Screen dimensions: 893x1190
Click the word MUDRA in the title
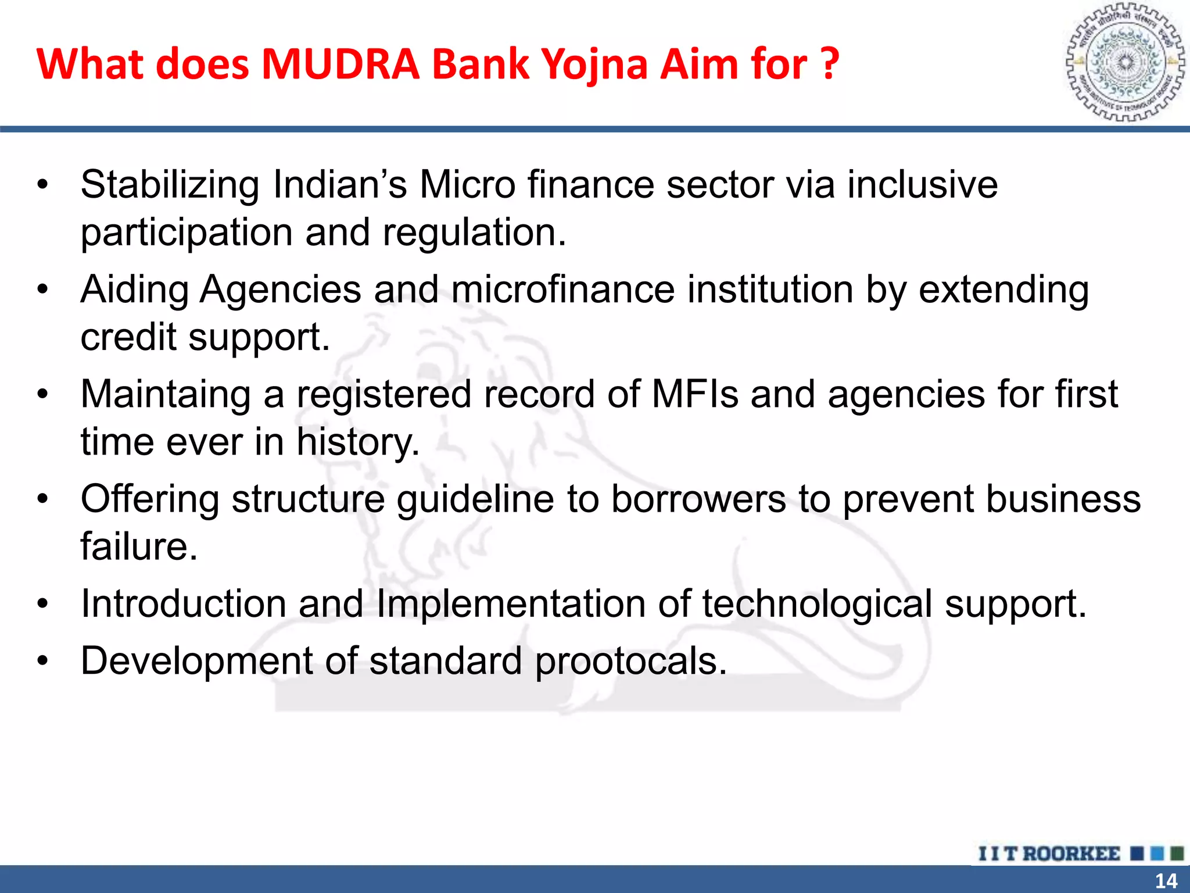[340, 63]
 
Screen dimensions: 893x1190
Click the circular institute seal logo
[1125, 63]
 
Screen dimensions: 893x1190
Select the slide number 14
[1166, 881]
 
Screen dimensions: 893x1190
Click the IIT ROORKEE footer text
[1049, 853]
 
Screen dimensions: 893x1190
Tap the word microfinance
[562, 290]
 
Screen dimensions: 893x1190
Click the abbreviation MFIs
[695, 394]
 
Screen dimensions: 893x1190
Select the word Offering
[150, 500]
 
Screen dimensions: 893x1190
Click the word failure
[139, 546]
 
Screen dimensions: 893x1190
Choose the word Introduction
[184, 603]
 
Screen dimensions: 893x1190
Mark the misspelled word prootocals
[630, 662]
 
